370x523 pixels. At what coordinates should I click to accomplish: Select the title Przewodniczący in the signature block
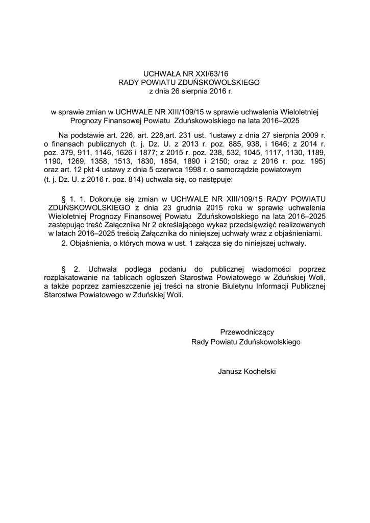pos(246,332)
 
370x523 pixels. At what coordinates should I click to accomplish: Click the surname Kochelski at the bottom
pos(257,371)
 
